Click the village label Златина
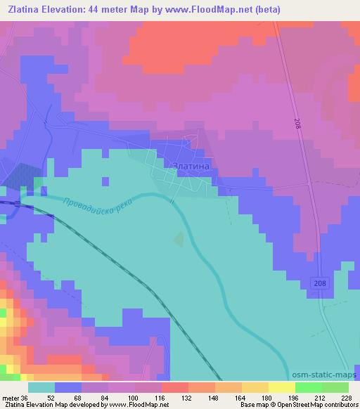coord(191,166)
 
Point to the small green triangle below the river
coord(178,240)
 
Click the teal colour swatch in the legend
coord(41,387)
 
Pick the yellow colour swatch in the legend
coord(255,387)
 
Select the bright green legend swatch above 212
coord(308,387)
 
